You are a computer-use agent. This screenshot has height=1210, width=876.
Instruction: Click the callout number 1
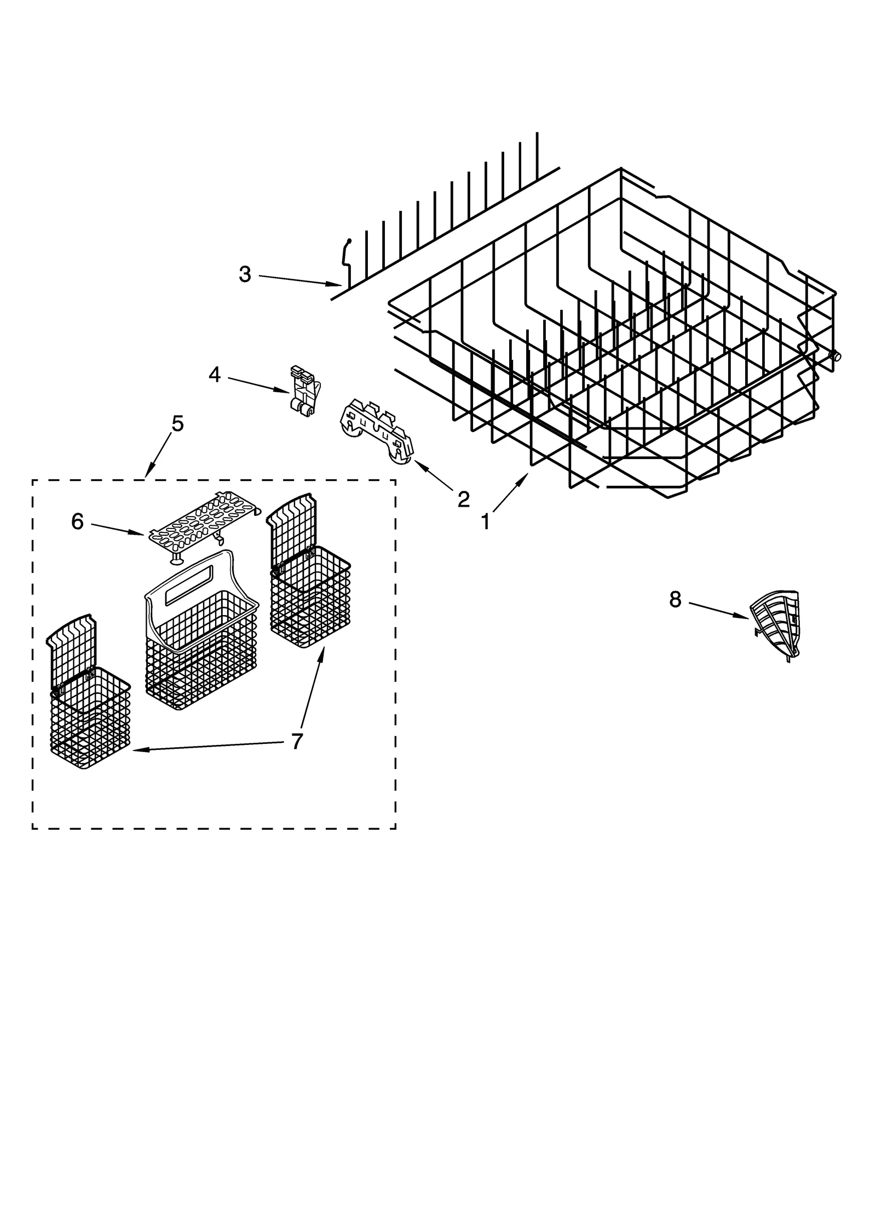(x=485, y=522)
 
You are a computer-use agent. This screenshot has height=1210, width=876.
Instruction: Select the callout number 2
(x=463, y=498)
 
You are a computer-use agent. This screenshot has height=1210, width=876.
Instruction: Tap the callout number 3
(x=245, y=274)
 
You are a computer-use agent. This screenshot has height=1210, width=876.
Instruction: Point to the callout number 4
(x=215, y=375)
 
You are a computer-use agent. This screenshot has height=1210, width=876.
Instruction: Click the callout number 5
(x=177, y=423)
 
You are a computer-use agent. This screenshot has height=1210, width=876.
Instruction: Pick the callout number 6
(x=77, y=522)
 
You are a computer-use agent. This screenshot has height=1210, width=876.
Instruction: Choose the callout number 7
(x=296, y=742)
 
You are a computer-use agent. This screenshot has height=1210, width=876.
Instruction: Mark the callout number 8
(x=675, y=600)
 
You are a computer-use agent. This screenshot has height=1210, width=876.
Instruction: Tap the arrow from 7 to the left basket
(x=208, y=747)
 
